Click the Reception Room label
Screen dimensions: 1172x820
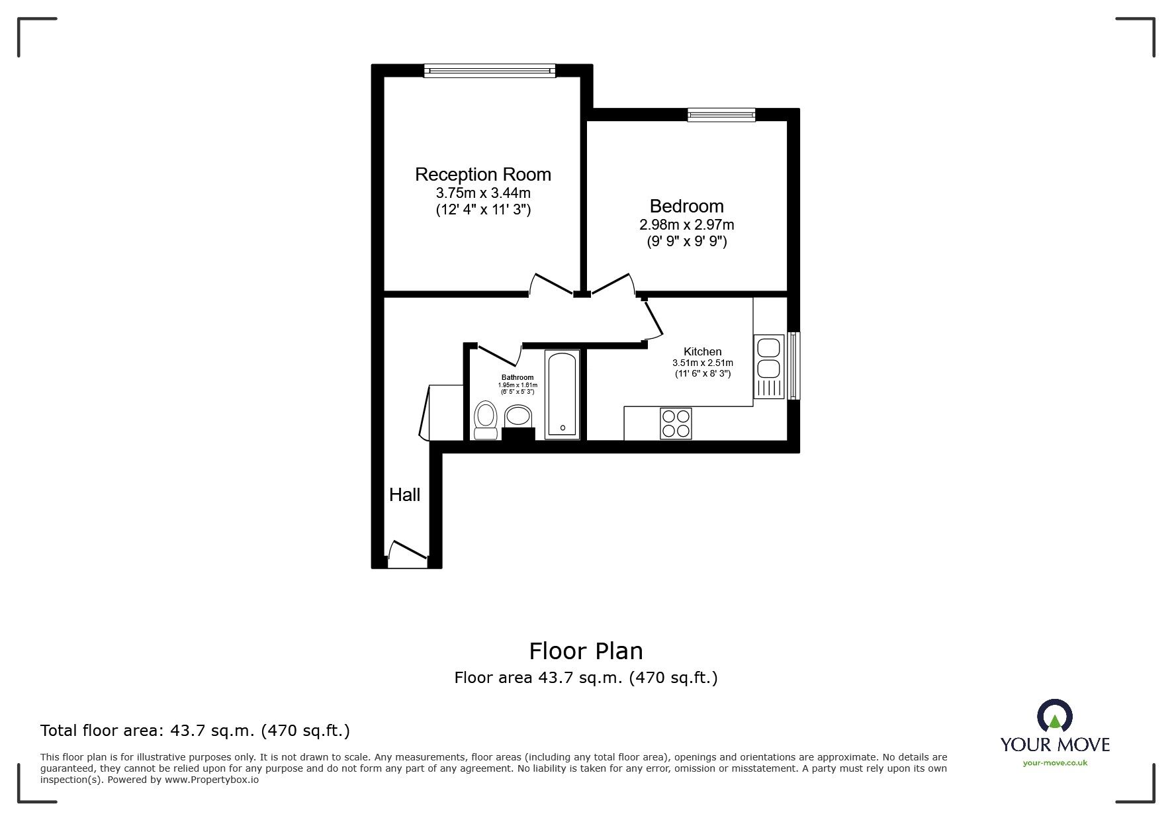tap(482, 175)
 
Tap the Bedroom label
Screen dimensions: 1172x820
tap(686, 206)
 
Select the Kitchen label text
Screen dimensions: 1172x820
tap(702, 351)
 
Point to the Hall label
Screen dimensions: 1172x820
tap(404, 494)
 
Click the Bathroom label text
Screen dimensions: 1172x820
tap(518, 378)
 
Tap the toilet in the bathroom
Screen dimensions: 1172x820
tap(486, 420)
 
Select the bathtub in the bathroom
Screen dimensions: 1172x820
tap(563, 394)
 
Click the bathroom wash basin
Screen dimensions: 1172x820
tap(518, 416)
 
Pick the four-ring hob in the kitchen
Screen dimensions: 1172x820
tap(676, 424)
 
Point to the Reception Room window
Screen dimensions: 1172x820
tap(490, 70)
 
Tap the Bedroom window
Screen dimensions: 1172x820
tap(721, 114)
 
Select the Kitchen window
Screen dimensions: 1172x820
tap(793, 366)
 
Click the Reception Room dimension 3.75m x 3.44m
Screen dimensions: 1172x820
tap(483, 193)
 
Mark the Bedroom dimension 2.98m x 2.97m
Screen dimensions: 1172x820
tap(687, 225)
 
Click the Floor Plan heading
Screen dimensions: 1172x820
tap(586, 651)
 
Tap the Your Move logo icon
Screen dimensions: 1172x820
tap(1055, 717)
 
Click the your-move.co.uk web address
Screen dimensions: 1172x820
tap(1055, 763)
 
